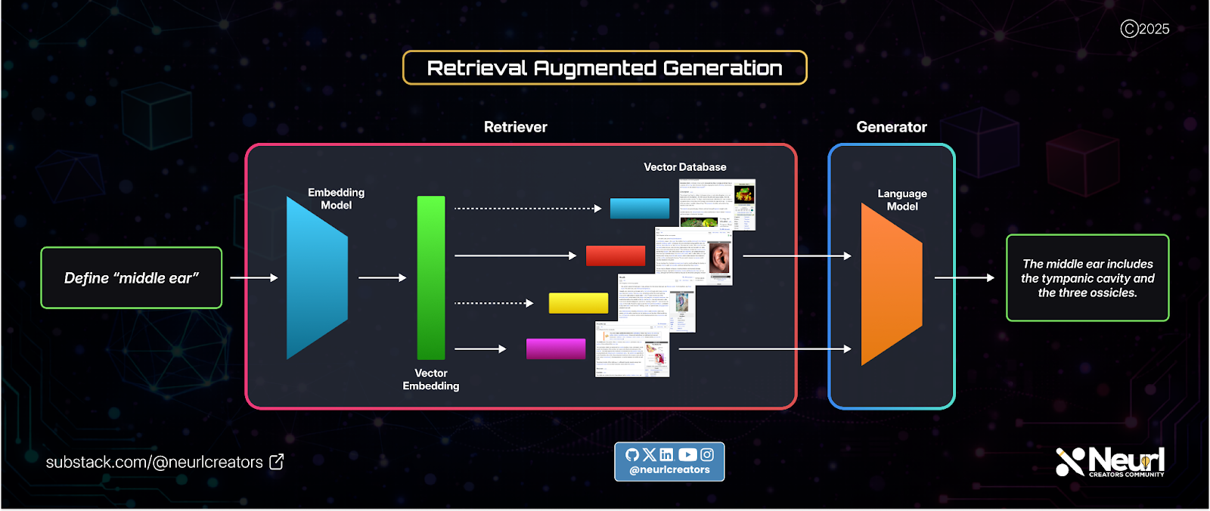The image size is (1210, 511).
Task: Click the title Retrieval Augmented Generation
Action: coord(604,68)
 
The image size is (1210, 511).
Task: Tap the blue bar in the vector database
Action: coord(639,208)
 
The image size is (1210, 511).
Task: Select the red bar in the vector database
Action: coord(616,255)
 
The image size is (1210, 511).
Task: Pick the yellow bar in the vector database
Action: coord(579,303)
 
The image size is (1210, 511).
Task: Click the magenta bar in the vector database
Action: coord(556,348)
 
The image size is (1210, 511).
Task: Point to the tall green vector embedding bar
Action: coord(431,277)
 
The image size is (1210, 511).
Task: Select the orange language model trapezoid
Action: coord(892,283)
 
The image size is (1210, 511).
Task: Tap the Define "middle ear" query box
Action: coord(131,278)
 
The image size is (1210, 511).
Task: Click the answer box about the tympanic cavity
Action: coord(1087,278)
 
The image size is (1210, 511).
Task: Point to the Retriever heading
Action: coord(515,127)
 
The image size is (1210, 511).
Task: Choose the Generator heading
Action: coord(892,127)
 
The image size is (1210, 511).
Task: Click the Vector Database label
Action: coord(684,167)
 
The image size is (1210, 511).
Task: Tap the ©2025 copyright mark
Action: coord(1144,29)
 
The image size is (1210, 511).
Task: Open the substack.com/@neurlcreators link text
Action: coord(154,462)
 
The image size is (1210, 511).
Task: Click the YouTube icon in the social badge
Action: coord(687,454)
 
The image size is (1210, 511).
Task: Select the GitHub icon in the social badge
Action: coord(632,454)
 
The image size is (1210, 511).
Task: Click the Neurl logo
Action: coord(1109,461)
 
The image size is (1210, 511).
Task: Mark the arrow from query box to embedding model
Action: coord(253,277)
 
